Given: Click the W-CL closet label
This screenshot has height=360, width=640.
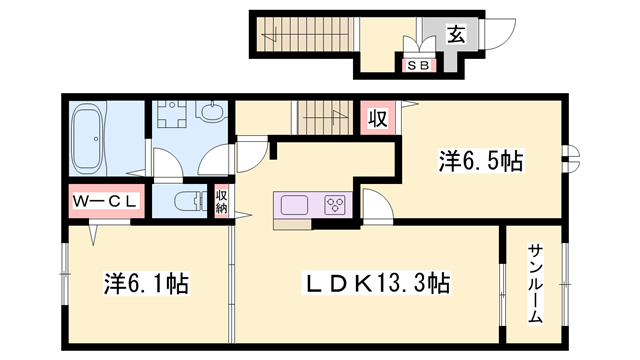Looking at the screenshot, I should (108, 201).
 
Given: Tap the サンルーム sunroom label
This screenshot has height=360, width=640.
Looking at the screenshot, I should (535, 282).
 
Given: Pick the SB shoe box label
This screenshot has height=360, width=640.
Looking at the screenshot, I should (419, 65).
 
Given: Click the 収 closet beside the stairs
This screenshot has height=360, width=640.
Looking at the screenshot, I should (377, 119).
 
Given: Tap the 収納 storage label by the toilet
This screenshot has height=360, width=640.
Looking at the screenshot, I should (222, 202).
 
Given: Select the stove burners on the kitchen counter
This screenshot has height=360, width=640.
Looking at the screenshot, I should (335, 206).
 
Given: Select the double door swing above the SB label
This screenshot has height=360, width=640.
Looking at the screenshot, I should (419, 46).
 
